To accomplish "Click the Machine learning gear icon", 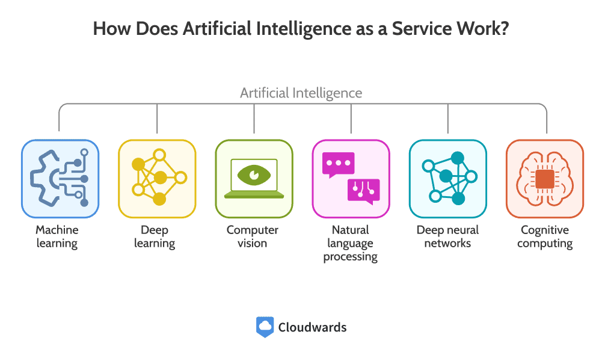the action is (x=60, y=178).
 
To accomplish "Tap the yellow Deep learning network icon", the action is (x=159, y=177).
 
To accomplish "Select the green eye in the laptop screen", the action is (x=254, y=175).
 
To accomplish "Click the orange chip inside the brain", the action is (x=544, y=179).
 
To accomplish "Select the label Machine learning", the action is (x=57, y=236).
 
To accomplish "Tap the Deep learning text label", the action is (x=155, y=236).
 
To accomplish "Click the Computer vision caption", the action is (x=252, y=236).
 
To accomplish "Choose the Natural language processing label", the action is (x=351, y=243).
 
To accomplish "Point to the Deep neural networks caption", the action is (x=447, y=236).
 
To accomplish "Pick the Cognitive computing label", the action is (x=545, y=236).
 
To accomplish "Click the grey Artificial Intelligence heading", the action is (x=301, y=93).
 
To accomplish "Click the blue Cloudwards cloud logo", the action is (x=265, y=327).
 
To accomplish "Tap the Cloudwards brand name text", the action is (x=312, y=327).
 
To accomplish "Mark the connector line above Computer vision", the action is (x=254, y=119).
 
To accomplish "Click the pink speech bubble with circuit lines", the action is (x=364, y=191).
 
